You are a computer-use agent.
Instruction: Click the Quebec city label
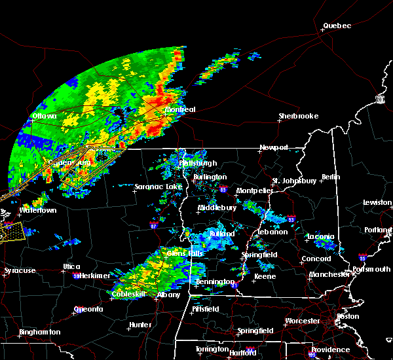pos(337,26)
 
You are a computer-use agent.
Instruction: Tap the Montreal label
pos(180,109)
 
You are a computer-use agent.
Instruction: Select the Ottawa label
pos(44,117)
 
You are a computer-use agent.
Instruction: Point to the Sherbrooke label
pos(298,116)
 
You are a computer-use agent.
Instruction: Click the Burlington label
pos(210,177)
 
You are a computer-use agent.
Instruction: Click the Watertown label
pos(37,211)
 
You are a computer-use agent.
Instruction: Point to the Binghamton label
pos(39,332)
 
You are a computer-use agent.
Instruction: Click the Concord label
pos(316,259)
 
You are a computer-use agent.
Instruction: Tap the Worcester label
pos(302,321)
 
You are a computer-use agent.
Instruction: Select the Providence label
pos(330,350)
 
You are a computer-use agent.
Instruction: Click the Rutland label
pos(221,234)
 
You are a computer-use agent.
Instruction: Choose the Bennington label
pos(214,281)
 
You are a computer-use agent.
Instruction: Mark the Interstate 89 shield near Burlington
pos(224,190)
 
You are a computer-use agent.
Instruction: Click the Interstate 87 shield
pos(154,226)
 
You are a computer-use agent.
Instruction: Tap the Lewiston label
pos(377,203)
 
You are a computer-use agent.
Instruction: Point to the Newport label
pos(273,147)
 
